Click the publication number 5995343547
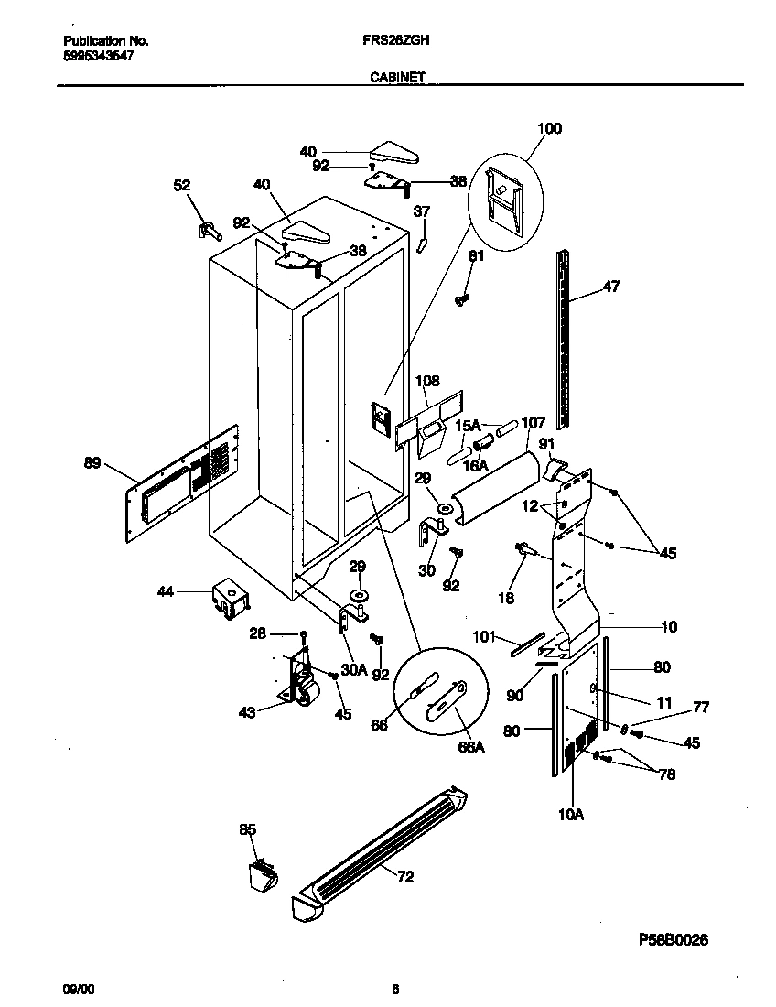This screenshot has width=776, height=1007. [x=100, y=56]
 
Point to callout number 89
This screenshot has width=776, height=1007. [x=92, y=464]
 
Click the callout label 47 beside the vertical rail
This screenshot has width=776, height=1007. [x=611, y=287]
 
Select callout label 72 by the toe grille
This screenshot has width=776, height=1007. [x=405, y=877]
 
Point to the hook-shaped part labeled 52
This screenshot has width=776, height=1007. [x=206, y=229]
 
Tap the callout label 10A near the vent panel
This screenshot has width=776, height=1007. [x=569, y=812]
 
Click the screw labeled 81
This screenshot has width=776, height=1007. [x=462, y=298]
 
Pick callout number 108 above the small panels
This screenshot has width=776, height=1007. [x=427, y=381]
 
